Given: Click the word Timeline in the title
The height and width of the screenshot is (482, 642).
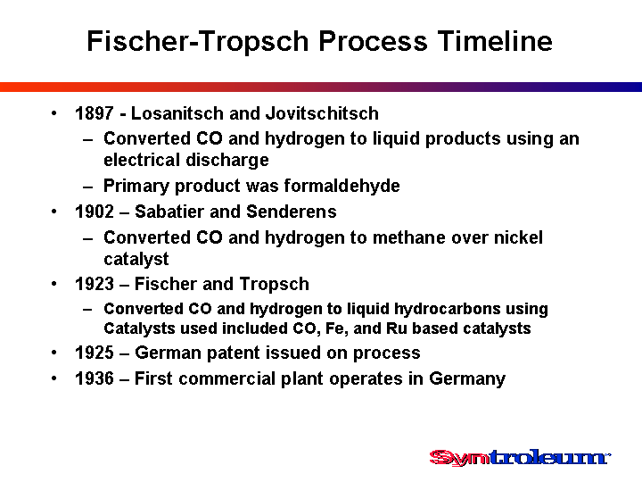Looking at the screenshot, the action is [495, 41].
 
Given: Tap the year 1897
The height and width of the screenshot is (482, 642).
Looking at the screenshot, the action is [95, 113].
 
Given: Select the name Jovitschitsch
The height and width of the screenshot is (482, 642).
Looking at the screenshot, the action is [322, 113].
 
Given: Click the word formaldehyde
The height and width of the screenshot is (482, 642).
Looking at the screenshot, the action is [342, 186].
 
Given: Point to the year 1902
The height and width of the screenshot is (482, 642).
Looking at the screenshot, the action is [95, 212].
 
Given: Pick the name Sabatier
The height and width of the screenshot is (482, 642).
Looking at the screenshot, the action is [169, 212].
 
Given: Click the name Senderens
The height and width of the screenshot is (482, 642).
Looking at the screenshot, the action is [292, 212].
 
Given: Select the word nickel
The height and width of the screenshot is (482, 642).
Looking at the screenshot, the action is [518, 237].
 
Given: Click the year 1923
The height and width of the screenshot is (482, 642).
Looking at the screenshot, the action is [95, 284].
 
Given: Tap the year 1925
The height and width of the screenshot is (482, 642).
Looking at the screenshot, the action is [95, 353].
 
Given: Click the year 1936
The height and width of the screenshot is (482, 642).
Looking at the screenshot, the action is [95, 378].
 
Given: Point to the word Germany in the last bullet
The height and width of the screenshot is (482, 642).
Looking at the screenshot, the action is [467, 378].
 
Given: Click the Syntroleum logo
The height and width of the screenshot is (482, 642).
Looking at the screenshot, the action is [520, 457].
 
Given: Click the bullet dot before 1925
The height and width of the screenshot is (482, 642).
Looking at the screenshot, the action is [54, 353].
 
